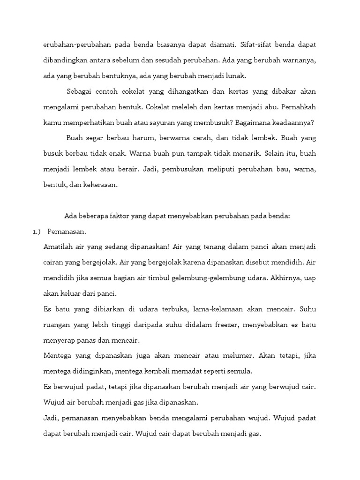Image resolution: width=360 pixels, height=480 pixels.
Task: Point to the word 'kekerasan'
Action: coord(101,185)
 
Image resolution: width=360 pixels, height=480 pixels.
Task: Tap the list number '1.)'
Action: coord(37,232)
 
